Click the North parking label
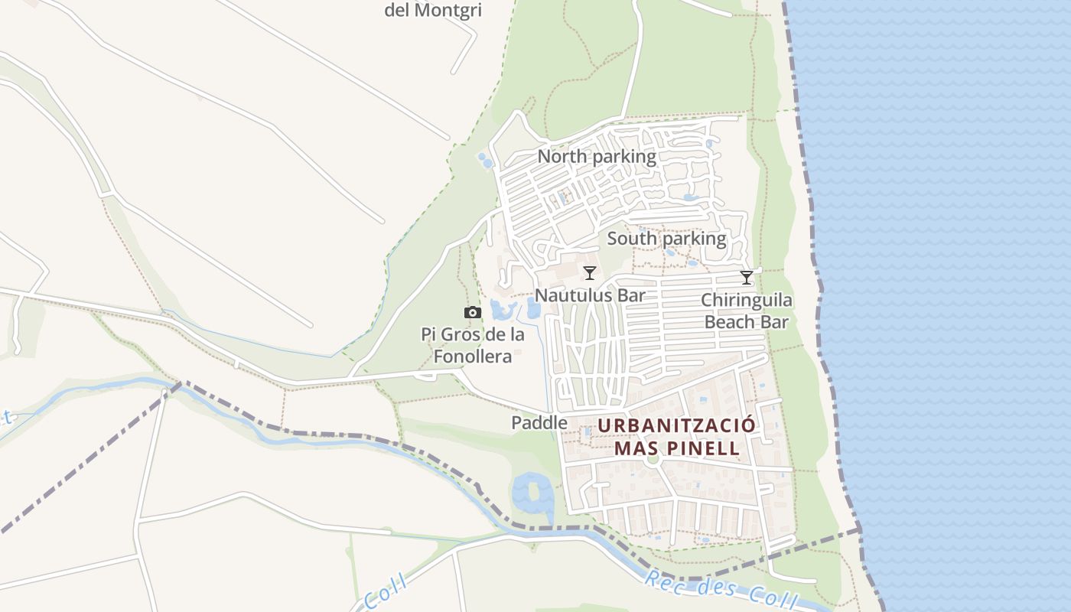tap(596, 157)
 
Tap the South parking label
tap(666, 239)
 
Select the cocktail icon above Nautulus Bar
tap(589, 273)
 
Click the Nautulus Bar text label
tap(590, 295)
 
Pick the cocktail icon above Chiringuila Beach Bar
tap(747, 278)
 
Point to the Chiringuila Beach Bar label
tap(747, 311)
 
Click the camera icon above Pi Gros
tap(473, 312)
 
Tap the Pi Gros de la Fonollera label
tap(473, 346)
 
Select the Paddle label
tap(539, 422)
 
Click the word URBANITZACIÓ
tap(677, 425)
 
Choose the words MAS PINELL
tap(677, 448)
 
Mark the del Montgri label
tap(438, 10)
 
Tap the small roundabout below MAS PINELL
tap(652, 460)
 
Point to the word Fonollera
tap(473, 356)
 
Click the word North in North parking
tap(562, 157)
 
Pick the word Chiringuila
tap(747, 300)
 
